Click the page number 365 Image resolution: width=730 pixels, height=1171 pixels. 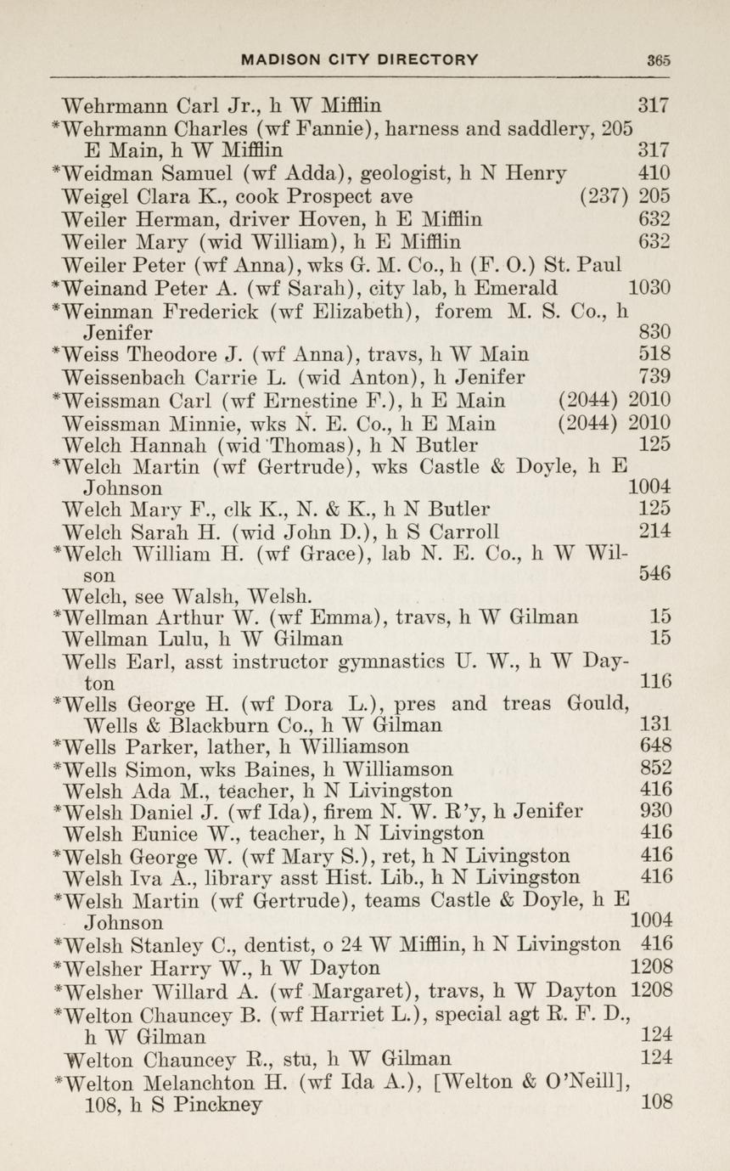coord(658,60)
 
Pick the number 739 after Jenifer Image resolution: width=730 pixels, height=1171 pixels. coord(654,377)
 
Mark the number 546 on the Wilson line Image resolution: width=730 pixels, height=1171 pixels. coord(654,574)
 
